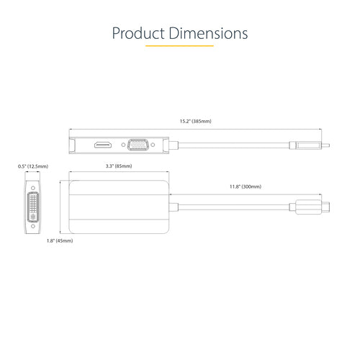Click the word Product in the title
(x=138, y=34)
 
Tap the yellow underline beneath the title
(x=179, y=47)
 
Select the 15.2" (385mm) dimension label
(x=195, y=122)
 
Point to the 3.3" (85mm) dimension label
(x=119, y=166)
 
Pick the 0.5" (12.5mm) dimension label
(x=32, y=166)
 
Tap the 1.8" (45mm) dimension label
(x=59, y=240)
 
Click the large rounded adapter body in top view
(x=119, y=207)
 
